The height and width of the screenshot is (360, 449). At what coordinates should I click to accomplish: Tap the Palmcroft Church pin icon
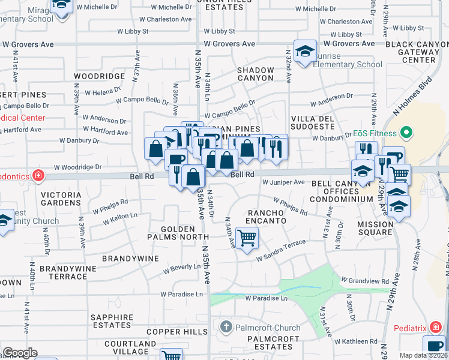(x=226, y=328)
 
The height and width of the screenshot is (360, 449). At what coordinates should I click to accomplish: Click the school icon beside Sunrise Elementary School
(x=305, y=51)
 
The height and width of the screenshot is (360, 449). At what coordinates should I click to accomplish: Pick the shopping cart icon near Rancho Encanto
(x=247, y=238)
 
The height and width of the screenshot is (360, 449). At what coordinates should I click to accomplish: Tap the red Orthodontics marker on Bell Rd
(x=38, y=175)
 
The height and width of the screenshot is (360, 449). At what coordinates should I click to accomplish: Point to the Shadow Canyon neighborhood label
(x=255, y=74)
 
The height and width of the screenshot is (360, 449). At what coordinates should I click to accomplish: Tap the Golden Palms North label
(x=178, y=233)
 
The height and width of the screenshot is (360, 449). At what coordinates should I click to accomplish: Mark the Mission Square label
(x=375, y=229)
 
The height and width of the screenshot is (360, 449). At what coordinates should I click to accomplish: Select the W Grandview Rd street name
(x=365, y=280)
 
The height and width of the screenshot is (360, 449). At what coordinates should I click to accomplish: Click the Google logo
(x=20, y=353)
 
